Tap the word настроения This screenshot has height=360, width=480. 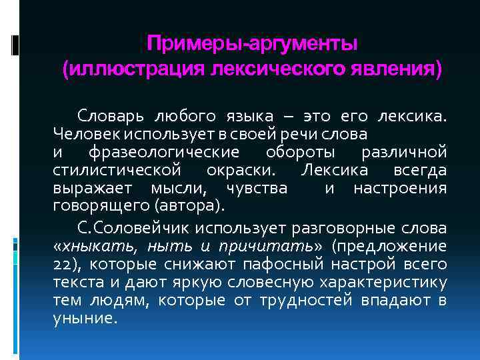tap(399, 188)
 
